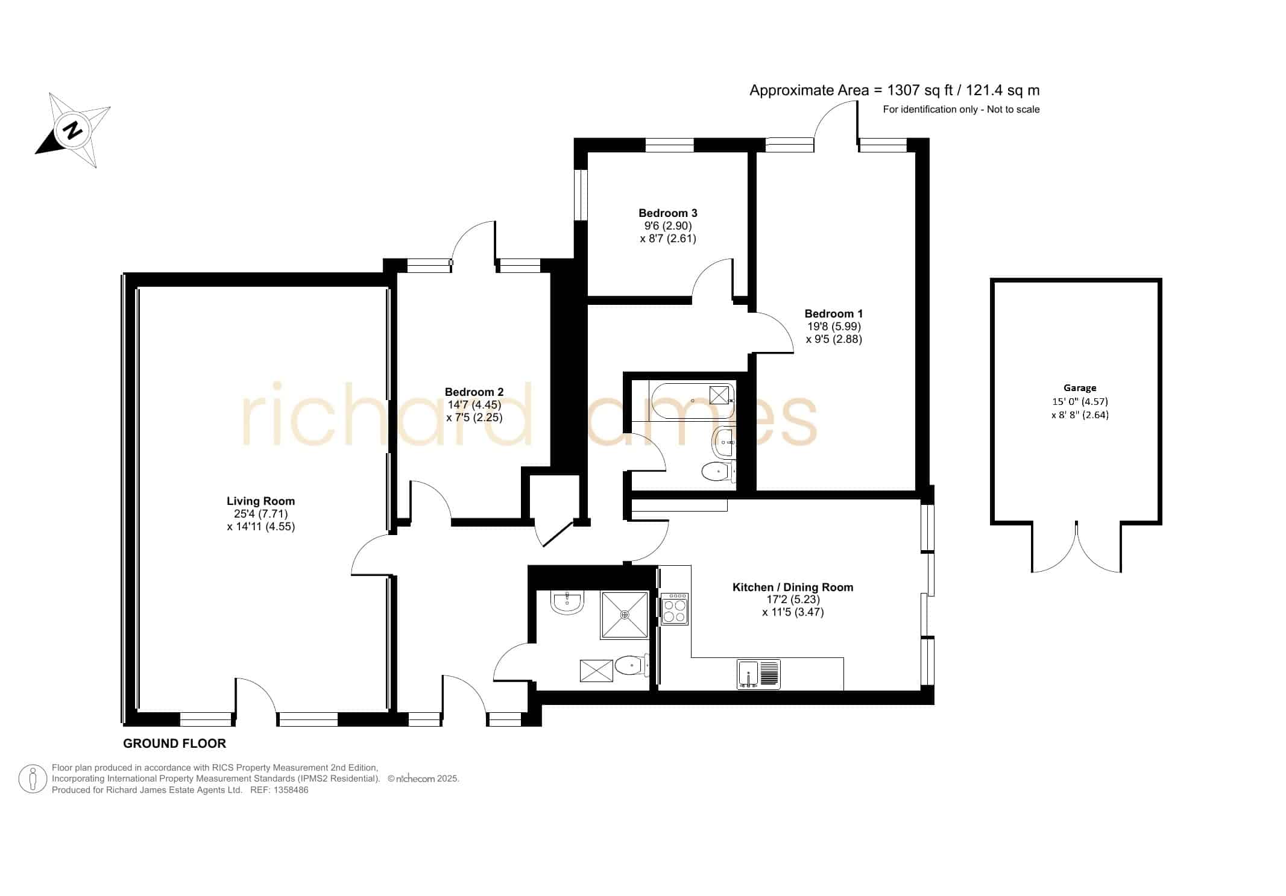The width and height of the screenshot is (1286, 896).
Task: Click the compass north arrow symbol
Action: click(x=73, y=130)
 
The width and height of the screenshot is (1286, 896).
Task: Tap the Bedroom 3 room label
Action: click(x=668, y=213)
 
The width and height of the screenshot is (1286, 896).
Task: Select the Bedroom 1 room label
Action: click(x=834, y=313)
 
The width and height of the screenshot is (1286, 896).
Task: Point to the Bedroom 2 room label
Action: click(x=474, y=392)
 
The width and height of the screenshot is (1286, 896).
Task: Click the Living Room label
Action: click(x=260, y=501)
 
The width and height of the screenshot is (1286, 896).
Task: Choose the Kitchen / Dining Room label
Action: click(x=793, y=587)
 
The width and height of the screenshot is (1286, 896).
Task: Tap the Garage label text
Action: click(x=1080, y=388)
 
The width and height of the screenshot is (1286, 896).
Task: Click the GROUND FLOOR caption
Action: click(x=174, y=744)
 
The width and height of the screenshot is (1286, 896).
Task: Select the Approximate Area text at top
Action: click(x=895, y=90)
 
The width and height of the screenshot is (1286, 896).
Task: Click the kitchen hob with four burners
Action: click(x=675, y=609)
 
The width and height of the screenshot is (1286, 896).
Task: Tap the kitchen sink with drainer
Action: click(x=758, y=674)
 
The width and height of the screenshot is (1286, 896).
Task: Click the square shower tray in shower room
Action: click(x=625, y=615)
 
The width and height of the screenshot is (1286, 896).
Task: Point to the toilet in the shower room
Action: click(x=632, y=666)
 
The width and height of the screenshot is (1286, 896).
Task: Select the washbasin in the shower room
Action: click(x=567, y=602)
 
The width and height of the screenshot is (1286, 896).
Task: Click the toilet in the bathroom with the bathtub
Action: click(x=719, y=471)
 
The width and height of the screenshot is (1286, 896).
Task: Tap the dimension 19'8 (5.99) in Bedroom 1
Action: click(x=834, y=327)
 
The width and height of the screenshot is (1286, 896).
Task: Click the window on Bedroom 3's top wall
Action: click(x=669, y=145)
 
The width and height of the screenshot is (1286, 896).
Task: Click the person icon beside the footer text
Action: click(x=33, y=779)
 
